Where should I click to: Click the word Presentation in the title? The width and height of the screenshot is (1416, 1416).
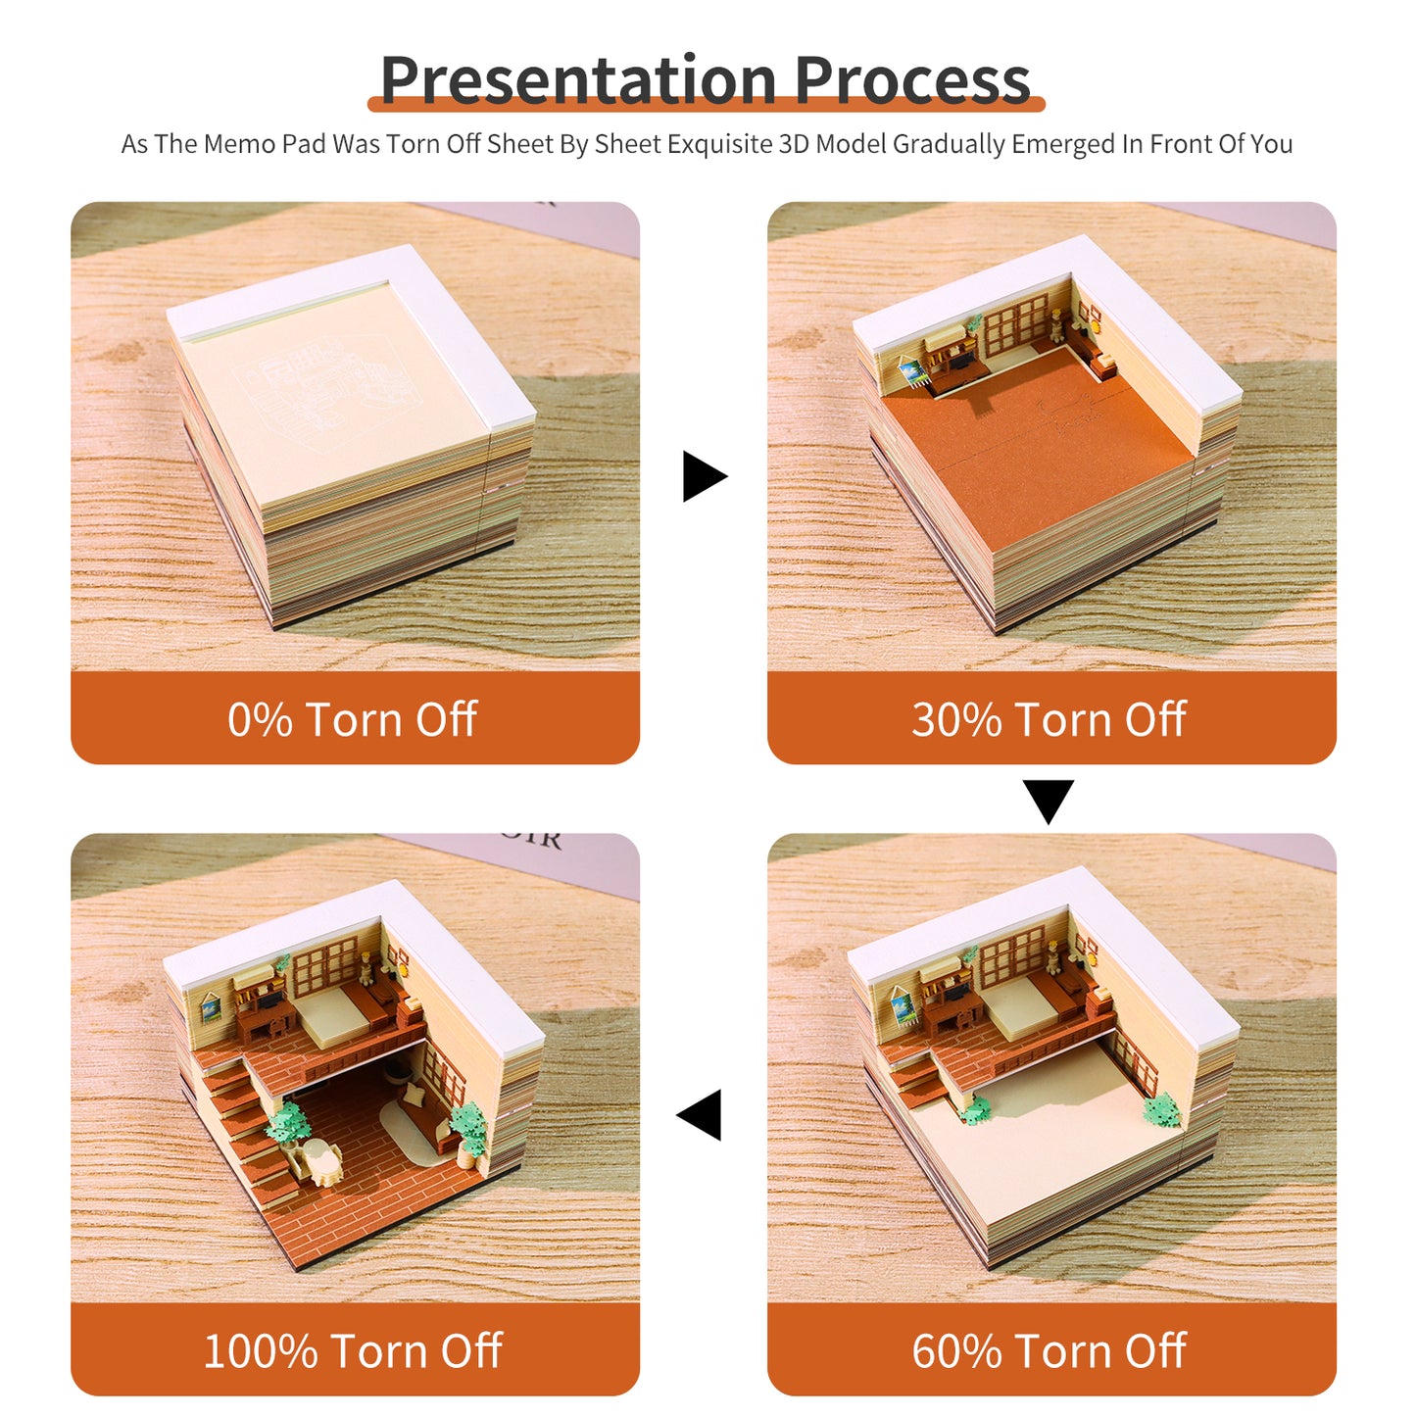578,80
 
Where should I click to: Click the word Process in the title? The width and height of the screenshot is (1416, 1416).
912,80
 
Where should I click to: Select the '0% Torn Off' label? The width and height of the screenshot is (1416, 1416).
353,719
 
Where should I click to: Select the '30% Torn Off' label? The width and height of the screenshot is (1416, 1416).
1050,719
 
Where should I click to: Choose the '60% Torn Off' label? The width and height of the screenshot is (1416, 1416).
1050,1350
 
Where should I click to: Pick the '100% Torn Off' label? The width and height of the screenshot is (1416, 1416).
353,1350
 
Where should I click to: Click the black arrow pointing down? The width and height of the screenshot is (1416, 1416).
1049,800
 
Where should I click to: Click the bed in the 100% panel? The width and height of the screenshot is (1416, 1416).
332,1014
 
